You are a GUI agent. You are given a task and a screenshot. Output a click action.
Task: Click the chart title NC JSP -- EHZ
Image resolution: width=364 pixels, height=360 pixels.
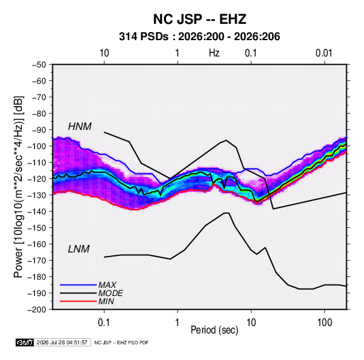click(x=199, y=19)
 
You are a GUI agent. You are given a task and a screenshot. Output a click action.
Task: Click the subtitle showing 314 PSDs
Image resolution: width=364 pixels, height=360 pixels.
click(x=199, y=37)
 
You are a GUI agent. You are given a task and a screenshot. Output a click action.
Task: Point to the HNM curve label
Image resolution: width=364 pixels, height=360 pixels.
click(x=80, y=127)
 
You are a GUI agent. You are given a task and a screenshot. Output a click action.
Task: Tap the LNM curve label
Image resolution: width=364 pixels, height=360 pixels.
click(x=79, y=249)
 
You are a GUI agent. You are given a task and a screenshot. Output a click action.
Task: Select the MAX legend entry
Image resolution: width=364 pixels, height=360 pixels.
click(x=107, y=285)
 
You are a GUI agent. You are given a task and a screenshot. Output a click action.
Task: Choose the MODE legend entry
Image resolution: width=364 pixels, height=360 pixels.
click(x=110, y=293)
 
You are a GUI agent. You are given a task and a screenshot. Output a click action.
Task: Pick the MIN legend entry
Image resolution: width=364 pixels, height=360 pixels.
click(x=106, y=301)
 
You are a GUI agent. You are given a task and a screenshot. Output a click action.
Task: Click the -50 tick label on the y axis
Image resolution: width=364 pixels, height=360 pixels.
click(x=39, y=65)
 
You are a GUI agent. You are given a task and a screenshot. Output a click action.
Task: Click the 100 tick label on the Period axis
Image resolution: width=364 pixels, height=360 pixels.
click(x=325, y=323)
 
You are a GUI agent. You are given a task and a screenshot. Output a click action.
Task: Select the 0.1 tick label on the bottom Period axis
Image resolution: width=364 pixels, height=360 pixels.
click(x=104, y=323)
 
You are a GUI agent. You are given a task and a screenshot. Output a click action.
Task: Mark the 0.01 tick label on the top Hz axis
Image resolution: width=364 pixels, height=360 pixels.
click(x=324, y=53)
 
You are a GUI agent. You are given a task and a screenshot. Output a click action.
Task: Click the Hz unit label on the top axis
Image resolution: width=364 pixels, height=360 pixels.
click(x=214, y=53)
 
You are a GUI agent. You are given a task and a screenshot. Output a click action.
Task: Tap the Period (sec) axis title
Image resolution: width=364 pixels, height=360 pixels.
click(x=214, y=330)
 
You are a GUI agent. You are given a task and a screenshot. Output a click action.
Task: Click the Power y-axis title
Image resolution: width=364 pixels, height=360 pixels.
click(x=18, y=187)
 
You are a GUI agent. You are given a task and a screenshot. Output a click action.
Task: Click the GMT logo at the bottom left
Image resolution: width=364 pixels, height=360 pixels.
click(x=25, y=342)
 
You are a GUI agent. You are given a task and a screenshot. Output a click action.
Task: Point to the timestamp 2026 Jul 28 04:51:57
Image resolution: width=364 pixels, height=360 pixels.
click(x=62, y=342)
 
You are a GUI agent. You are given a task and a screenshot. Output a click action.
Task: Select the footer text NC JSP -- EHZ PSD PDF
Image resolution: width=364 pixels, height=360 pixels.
click(x=121, y=342)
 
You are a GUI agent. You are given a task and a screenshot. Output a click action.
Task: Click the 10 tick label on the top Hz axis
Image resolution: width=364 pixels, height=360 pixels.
click(x=104, y=53)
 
